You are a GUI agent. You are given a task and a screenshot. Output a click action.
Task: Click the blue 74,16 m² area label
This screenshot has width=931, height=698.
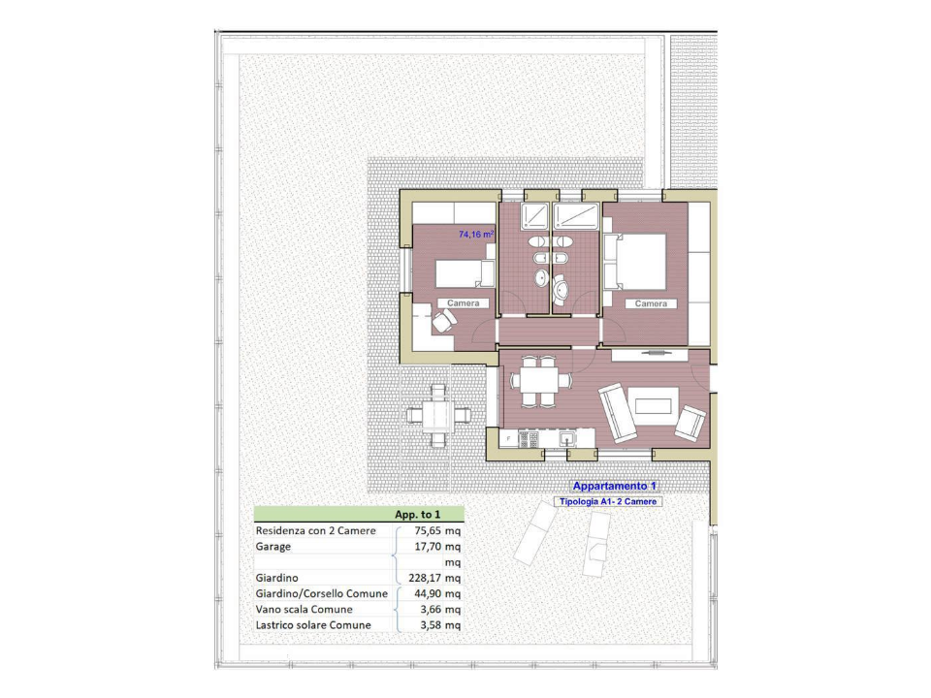tap(476, 235)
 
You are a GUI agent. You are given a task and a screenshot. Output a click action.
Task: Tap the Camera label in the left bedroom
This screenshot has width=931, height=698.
tap(463, 303)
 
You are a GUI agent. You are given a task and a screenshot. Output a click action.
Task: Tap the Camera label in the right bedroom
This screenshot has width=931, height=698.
tap(651, 303)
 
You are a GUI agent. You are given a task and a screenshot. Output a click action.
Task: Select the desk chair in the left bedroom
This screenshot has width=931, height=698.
tap(442, 322)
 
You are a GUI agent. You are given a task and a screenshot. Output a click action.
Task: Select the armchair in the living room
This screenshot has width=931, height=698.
tap(691, 422)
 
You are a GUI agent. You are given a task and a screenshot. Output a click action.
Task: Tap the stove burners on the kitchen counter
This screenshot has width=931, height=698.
tap(530, 439)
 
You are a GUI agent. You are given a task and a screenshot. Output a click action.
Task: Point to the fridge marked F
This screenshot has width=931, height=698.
tap(508, 439)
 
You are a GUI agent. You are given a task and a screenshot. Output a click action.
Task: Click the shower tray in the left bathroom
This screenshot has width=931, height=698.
tap(535, 215)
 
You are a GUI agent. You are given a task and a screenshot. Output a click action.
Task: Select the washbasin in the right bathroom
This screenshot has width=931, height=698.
tap(562, 287)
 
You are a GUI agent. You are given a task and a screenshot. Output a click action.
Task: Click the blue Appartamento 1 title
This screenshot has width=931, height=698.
tap(615, 486)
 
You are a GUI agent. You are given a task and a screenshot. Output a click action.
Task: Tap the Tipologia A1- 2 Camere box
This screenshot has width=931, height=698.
tap(608, 502)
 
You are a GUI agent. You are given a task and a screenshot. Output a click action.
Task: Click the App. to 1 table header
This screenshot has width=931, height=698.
tap(418, 514)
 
